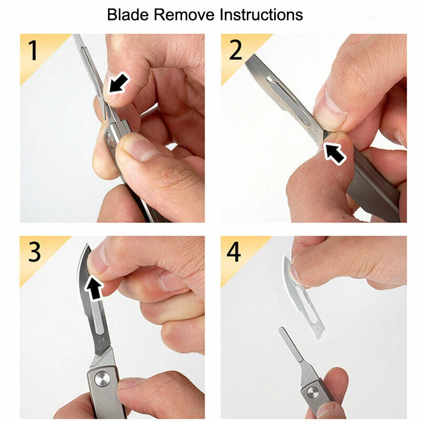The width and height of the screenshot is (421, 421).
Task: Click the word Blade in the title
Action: (128, 15)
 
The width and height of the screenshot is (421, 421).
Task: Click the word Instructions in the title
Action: (261, 15)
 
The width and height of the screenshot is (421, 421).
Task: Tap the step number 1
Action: (33, 51)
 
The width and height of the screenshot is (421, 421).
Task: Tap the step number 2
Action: (235, 50)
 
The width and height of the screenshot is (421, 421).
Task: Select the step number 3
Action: (35, 252)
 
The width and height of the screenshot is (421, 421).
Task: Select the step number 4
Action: (234, 252)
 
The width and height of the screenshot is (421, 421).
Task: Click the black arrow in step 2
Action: (335, 152)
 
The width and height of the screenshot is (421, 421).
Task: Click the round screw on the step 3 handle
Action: (102, 379)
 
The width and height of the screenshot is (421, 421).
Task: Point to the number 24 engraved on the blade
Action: (102, 340)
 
